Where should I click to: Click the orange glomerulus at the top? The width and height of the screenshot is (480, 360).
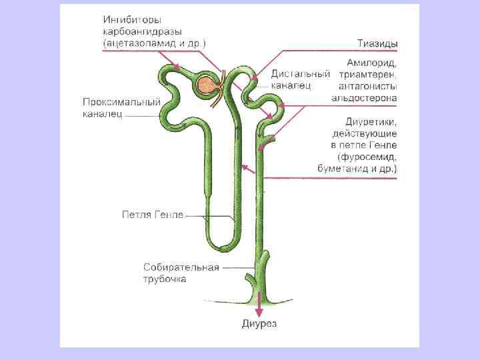pyautogui.click(x=208, y=83)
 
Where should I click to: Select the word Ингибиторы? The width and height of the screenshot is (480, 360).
pyautogui.click(x=133, y=20)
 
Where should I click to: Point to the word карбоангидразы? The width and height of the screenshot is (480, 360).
pyautogui.click(x=143, y=31)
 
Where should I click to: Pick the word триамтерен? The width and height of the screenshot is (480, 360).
pyautogui.click(x=368, y=74)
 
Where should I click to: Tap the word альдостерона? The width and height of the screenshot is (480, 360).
pyautogui.click(x=365, y=97)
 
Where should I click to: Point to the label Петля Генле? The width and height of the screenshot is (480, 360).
pyautogui.click(x=153, y=214)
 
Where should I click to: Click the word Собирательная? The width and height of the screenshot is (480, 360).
pyautogui.click(x=181, y=267)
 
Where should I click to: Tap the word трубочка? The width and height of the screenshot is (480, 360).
pyautogui.click(x=165, y=279)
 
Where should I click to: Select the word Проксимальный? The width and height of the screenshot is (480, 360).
pyautogui.click(x=122, y=103)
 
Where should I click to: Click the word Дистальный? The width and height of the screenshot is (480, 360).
pyautogui.click(x=301, y=74)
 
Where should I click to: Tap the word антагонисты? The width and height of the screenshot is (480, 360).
pyautogui.click(x=368, y=85)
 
